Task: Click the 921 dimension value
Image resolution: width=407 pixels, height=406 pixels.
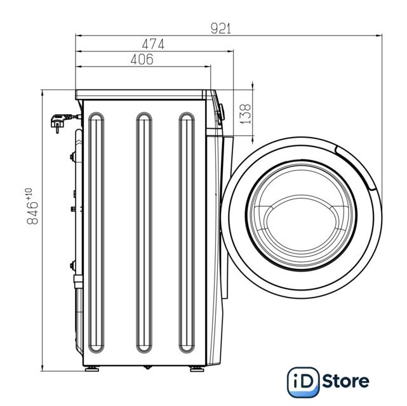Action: [220, 29]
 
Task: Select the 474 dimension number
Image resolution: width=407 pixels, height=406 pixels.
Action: [153, 44]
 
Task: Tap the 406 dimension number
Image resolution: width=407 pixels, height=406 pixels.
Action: [142, 60]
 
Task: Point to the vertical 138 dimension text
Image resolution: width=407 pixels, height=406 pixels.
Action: [245, 114]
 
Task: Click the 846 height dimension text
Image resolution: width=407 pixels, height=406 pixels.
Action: [32, 213]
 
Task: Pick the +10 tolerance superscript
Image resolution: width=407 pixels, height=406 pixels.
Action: [29, 194]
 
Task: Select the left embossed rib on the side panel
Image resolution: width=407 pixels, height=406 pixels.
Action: [97, 233]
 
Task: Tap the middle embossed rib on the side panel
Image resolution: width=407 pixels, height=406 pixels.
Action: [144, 233]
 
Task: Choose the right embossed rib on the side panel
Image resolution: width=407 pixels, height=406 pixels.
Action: [187, 233]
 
